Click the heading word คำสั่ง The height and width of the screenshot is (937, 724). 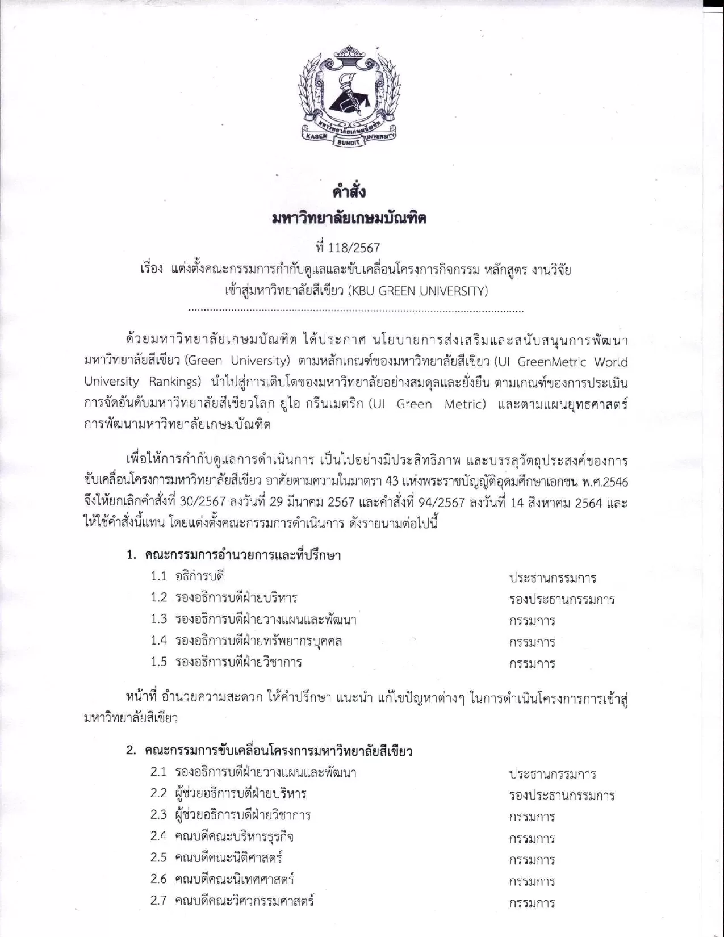(349, 192)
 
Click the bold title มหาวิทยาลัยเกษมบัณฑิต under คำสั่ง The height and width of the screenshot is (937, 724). (349, 219)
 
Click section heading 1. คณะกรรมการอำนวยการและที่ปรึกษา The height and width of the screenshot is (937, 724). (233, 555)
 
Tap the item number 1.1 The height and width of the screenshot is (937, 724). (158, 576)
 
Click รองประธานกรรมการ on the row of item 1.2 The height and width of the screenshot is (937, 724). (562, 599)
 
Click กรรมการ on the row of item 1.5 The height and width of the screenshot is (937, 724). (532, 663)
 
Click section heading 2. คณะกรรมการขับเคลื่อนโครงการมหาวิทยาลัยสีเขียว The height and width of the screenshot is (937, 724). (269, 751)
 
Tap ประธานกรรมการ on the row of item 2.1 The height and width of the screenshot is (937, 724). (552, 774)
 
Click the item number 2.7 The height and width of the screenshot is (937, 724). (158, 901)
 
